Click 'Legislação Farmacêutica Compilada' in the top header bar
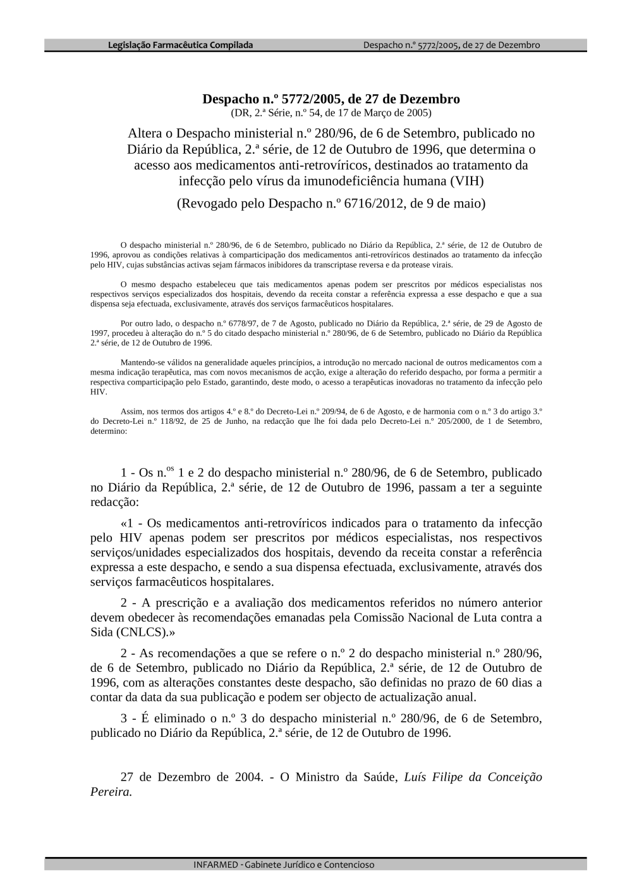tap(180, 45)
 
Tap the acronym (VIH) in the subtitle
tap(466, 181)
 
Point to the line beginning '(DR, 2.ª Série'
tap(331, 113)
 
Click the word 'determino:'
tap(109, 431)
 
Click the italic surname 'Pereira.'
tap(111, 792)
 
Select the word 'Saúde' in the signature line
tap(379, 777)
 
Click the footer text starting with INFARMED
tap(284, 864)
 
